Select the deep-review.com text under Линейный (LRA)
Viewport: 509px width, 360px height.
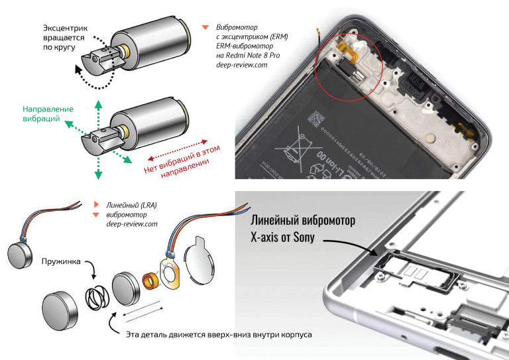coord(132,224)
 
